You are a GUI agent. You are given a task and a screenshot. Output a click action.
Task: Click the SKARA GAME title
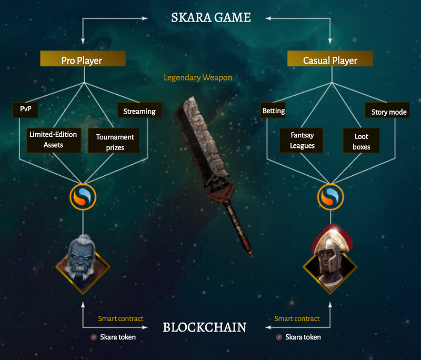[x=211, y=17]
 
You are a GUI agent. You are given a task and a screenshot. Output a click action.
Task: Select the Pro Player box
[x=83, y=59]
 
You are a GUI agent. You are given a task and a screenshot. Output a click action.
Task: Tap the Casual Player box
[x=330, y=59]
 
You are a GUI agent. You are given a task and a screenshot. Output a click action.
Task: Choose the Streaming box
[x=139, y=111]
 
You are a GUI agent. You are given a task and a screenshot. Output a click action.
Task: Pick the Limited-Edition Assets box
[x=53, y=139]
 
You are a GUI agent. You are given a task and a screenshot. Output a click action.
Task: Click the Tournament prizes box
[x=115, y=142]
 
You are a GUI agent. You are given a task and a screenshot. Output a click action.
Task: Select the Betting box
[x=274, y=111]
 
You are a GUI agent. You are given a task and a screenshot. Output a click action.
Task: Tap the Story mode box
[x=389, y=112]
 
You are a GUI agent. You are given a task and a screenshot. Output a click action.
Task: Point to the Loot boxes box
[x=362, y=141]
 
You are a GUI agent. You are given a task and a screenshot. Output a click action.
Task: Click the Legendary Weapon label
[x=198, y=78]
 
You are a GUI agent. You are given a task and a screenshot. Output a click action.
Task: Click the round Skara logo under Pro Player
[x=83, y=196]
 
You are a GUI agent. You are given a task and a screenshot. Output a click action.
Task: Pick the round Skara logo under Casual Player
[x=330, y=196]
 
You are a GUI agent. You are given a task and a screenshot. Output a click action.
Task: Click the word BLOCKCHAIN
[x=204, y=327]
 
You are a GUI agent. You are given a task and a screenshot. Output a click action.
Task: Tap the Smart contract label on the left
[x=121, y=318]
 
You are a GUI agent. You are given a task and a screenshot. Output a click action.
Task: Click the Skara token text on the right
[x=303, y=337]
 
